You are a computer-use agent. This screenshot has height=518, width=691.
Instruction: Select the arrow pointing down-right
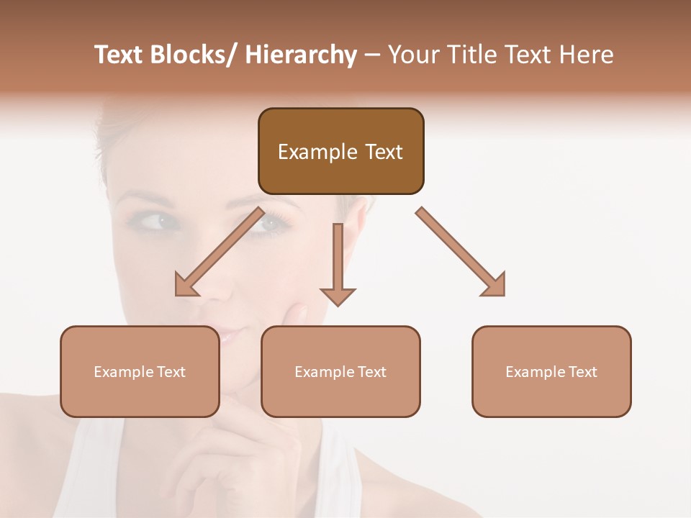pyautogui.click(x=461, y=252)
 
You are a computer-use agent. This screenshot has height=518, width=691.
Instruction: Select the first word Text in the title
pyautogui.click(x=117, y=55)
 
